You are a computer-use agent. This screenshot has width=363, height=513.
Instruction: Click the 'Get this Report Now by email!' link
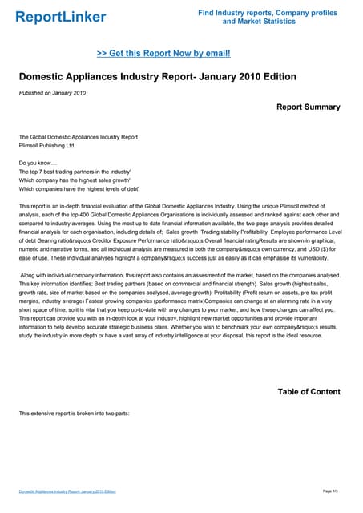click(x=163, y=53)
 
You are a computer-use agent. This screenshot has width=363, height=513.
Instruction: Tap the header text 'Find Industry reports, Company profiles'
click(x=268, y=12)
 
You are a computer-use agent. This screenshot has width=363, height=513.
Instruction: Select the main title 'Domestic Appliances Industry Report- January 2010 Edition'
click(x=157, y=77)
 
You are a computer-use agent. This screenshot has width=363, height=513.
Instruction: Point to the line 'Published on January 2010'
click(x=52, y=93)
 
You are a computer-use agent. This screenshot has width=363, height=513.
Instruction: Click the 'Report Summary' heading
click(x=308, y=107)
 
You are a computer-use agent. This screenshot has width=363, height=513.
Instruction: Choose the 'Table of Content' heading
click(x=308, y=391)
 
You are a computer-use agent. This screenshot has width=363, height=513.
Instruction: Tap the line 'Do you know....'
click(x=38, y=163)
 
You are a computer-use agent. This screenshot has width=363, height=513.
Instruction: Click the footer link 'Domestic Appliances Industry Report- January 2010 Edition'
click(x=67, y=491)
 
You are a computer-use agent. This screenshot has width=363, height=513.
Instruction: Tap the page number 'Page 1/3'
click(x=332, y=491)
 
